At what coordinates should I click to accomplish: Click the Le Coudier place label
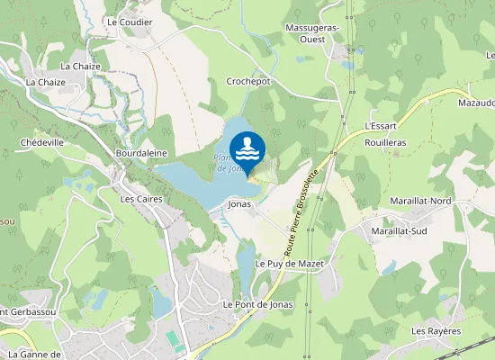click(130, 22)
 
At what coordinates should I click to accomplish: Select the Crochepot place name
click(248, 81)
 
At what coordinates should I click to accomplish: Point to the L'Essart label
click(382, 126)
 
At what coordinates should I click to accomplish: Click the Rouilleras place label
click(386, 142)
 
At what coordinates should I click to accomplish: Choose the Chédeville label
click(41, 142)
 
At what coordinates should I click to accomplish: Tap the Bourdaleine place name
click(141, 154)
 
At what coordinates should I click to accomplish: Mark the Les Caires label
click(139, 198)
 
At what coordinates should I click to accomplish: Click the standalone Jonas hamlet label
click(239, 204)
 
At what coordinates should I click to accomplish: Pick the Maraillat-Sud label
click(398, 231)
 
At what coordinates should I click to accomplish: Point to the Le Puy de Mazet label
click(289, 264)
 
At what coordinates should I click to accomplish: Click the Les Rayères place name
click(436, 331)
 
